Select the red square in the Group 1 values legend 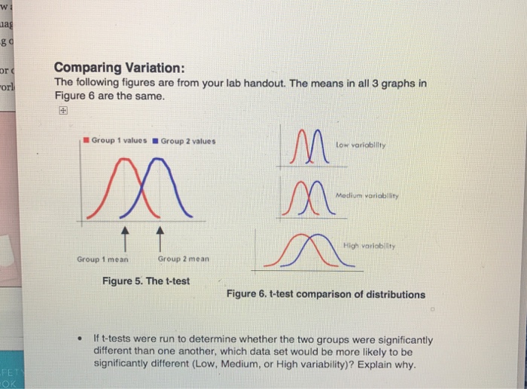point(87,140)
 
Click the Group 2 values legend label point(187,140)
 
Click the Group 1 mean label point(102,259)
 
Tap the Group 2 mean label point(184,259)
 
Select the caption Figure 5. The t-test point(146,281)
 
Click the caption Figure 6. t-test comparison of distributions point(325,294)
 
